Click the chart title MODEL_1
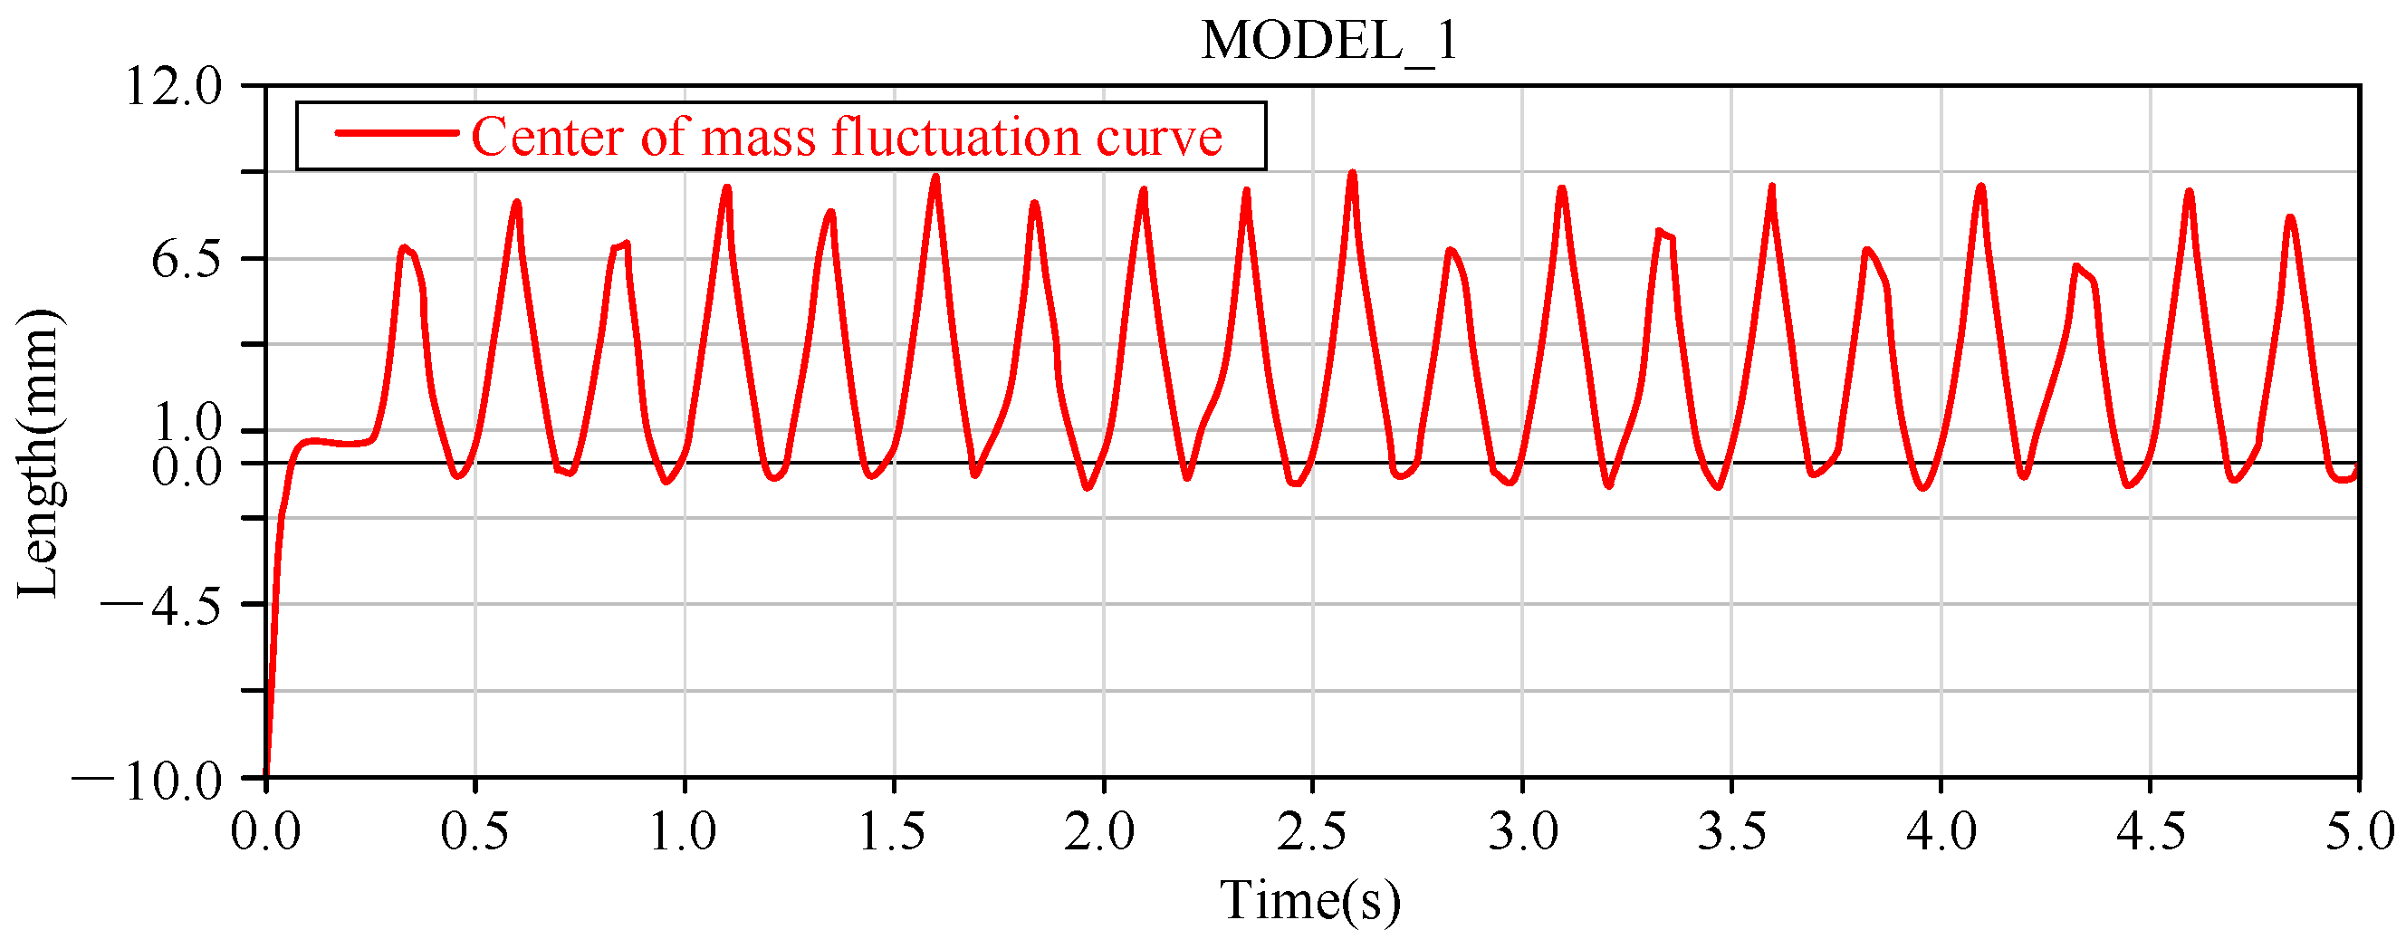1328,41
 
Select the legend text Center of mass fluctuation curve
846,138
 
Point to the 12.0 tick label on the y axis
175,88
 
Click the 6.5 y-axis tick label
187,261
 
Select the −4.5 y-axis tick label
161,607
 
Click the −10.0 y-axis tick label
148,781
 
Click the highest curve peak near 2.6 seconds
1351,174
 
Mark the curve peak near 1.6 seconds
935,177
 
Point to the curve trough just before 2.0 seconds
1087,486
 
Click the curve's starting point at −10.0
267,773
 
